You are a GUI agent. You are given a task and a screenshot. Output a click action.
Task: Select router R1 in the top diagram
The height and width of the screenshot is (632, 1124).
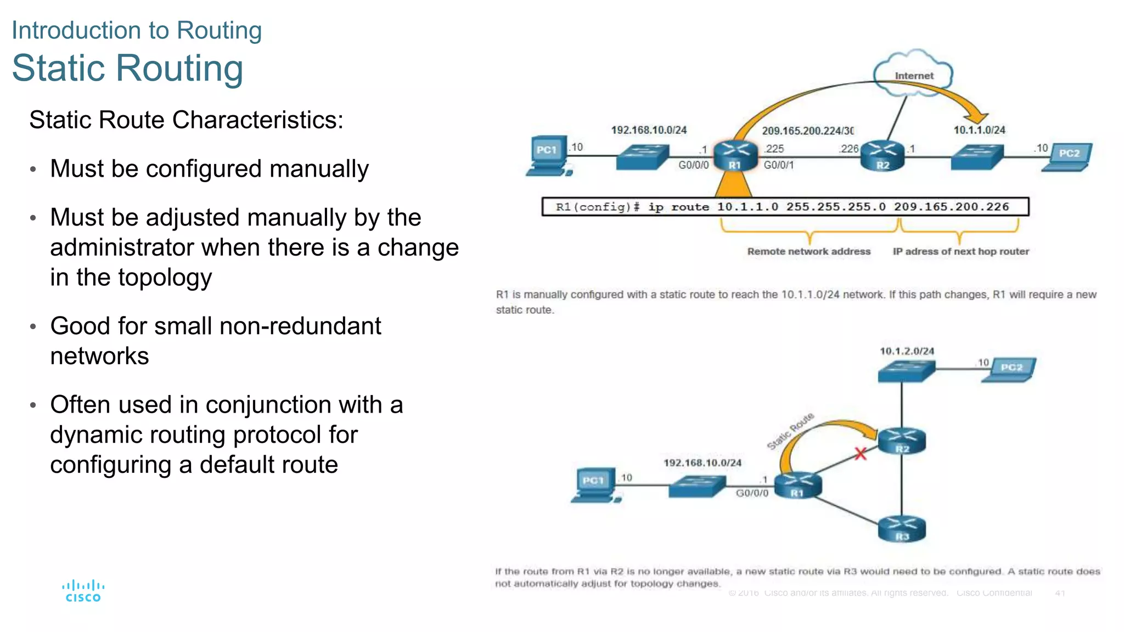[x=735, y=156]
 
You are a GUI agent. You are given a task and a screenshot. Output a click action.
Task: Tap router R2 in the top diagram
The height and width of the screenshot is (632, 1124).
[x=882, y=156]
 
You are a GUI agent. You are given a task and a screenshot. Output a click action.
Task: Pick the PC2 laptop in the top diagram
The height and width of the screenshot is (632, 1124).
[x=1067, y=157]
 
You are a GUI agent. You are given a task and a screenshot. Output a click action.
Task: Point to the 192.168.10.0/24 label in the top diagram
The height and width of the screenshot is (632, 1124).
[x=649, y=130]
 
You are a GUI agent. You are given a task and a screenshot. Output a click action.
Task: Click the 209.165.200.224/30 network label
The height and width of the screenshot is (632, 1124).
[x=807, y=131]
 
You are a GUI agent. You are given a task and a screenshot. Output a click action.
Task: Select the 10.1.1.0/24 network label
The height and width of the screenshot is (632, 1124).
[x=979, y=130]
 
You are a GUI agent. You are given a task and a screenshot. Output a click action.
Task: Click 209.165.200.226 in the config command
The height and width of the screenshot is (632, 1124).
[x=951, y=207]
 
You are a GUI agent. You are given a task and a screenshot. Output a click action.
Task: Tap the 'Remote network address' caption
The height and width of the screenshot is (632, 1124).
[x=808, y=251]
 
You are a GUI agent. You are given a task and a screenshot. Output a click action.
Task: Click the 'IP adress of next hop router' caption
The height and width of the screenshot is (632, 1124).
[x=960, y=251]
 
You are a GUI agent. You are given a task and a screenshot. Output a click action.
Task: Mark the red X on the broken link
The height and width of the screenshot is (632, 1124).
[x=860, y=454]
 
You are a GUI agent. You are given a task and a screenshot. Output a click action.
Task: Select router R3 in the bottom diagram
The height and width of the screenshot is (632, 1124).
[x=902, y=529]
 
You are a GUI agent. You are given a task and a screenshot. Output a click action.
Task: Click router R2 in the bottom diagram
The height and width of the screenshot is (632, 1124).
[x=902, y=441]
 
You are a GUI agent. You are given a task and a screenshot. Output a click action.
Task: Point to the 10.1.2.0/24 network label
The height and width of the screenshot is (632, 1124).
[x=907, y=351]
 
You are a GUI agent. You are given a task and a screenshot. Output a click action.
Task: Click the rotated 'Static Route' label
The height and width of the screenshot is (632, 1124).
[x=790, y=431]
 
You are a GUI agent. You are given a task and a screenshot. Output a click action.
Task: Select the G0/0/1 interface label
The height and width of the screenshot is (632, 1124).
[x=778, y=165]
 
